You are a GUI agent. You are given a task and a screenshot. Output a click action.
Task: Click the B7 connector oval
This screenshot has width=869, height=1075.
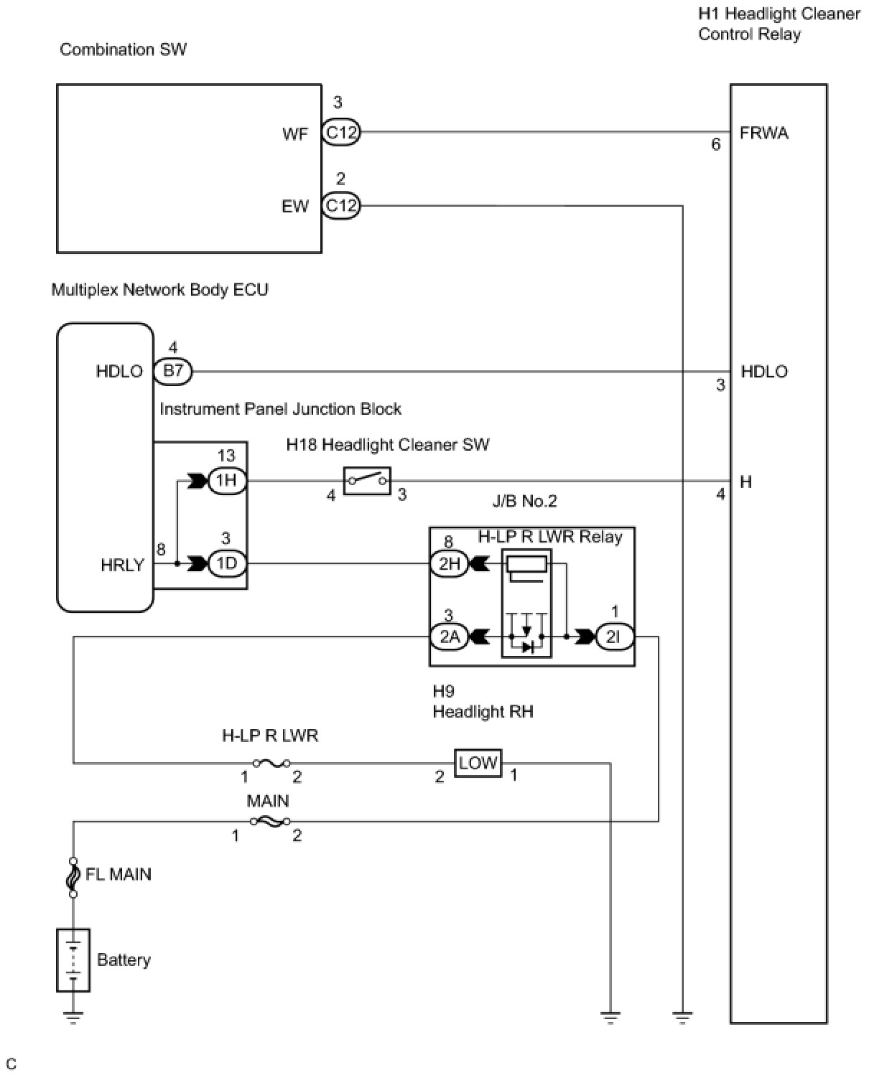[173, 371]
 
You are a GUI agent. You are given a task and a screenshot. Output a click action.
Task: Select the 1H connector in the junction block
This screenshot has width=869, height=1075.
[227, 480]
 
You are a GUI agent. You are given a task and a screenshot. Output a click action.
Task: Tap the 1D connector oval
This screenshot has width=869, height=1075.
[227, 563]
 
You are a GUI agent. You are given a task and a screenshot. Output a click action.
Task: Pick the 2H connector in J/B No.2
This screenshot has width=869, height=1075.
[449, 564]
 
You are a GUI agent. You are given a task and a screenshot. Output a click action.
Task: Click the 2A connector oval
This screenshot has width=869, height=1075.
[449, 637]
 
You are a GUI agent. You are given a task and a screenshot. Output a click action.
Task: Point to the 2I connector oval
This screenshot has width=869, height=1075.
[614, 637]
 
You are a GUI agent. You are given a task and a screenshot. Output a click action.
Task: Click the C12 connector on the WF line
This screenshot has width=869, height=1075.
[340, 132]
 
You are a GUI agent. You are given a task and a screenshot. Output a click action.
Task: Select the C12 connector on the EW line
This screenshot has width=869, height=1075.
[340, 206]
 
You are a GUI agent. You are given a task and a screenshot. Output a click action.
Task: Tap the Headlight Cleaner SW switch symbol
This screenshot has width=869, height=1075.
[367, 480]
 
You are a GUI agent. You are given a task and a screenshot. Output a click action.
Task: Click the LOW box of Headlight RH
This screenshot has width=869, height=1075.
[478, 763]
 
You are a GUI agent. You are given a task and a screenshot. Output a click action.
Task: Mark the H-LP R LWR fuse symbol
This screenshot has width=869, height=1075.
[271, 763]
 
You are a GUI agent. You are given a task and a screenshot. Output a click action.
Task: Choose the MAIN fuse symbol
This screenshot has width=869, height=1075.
[269, 821]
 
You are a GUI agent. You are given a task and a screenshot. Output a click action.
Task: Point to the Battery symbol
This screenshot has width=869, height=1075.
[73, 960]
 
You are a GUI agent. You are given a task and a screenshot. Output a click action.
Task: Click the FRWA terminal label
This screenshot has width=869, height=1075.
[763, 133]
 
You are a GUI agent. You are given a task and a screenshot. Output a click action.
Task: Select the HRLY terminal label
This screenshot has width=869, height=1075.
[122, 565]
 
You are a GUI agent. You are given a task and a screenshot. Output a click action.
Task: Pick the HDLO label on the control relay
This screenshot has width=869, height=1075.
[764, 371]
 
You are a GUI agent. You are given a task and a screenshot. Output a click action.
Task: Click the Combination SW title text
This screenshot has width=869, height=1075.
[123, 50]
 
